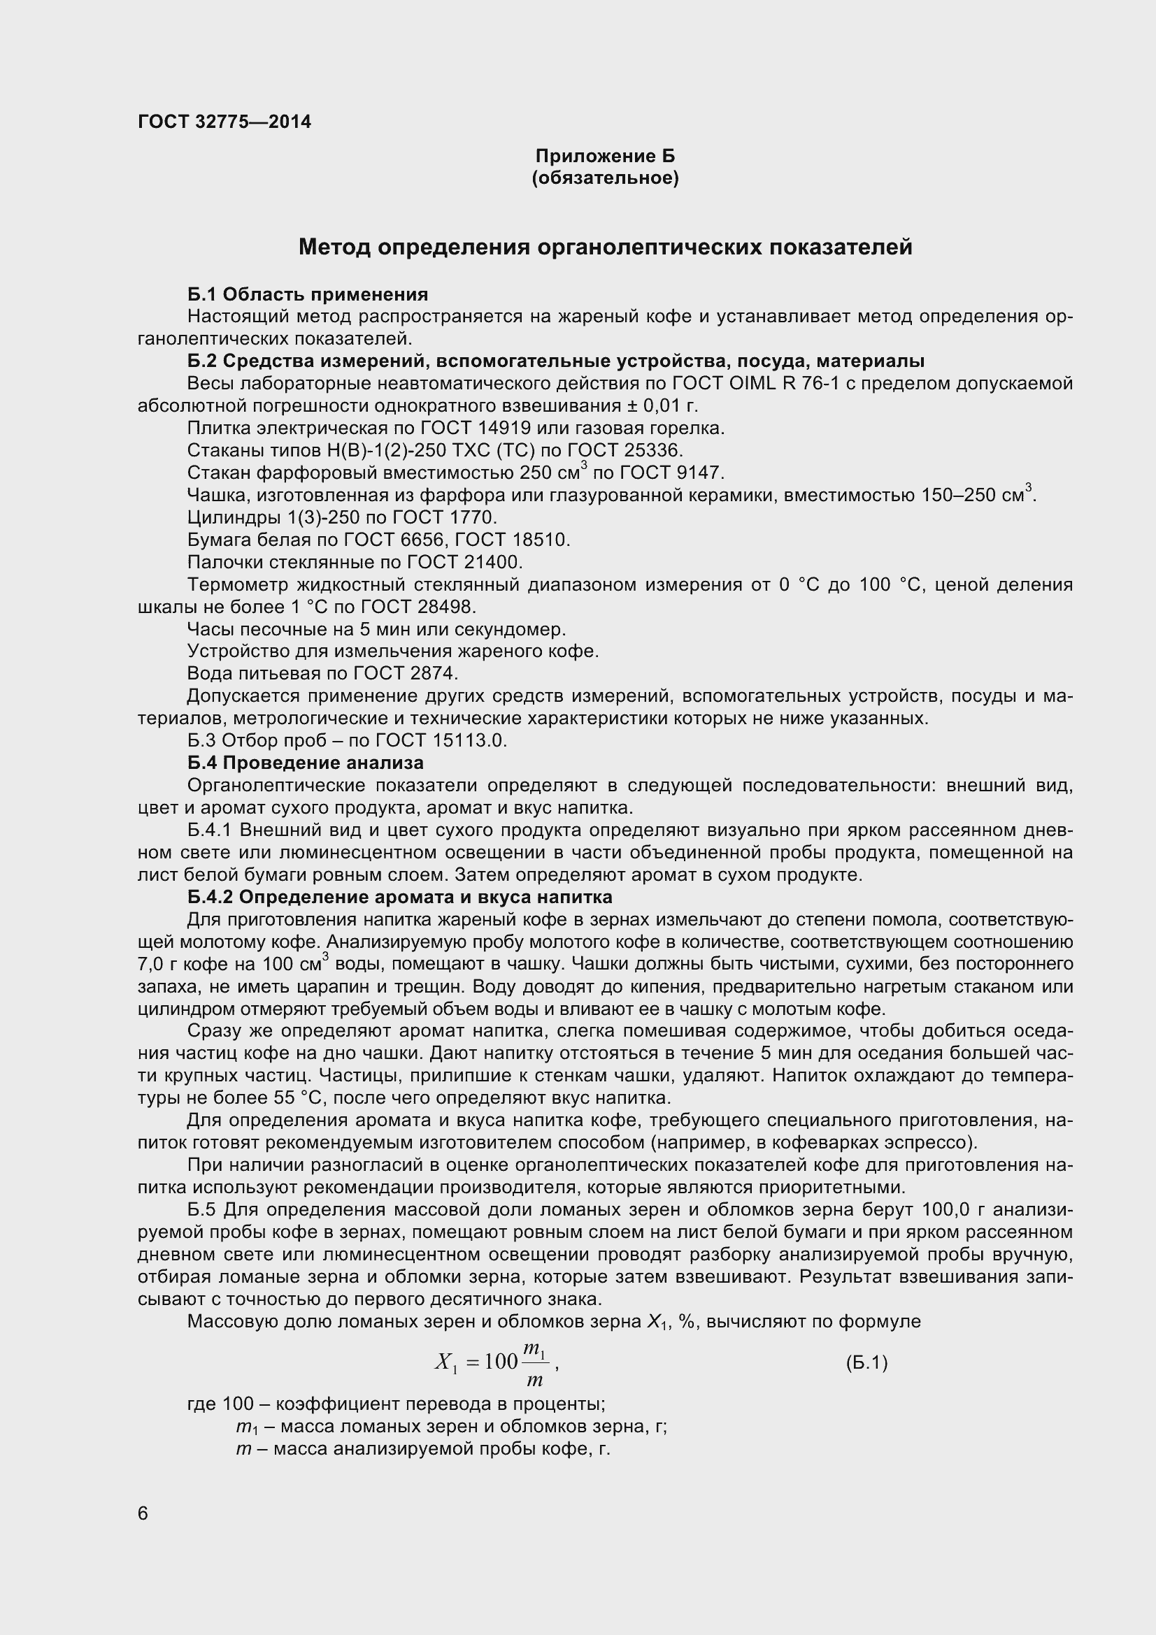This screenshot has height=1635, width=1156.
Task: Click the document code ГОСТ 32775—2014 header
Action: [224, 122]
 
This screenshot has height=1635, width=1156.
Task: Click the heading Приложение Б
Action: [605, 156]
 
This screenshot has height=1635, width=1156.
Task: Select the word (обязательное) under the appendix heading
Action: [605, 178]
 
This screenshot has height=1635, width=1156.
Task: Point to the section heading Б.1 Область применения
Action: [308, 294]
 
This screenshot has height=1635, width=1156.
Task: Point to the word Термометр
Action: [236, 584]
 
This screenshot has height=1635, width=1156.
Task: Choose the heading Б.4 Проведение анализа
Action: [306, 763]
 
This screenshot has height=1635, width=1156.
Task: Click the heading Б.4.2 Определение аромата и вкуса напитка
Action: [399, 897]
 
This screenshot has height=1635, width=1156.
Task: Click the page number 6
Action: [143, 1513]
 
